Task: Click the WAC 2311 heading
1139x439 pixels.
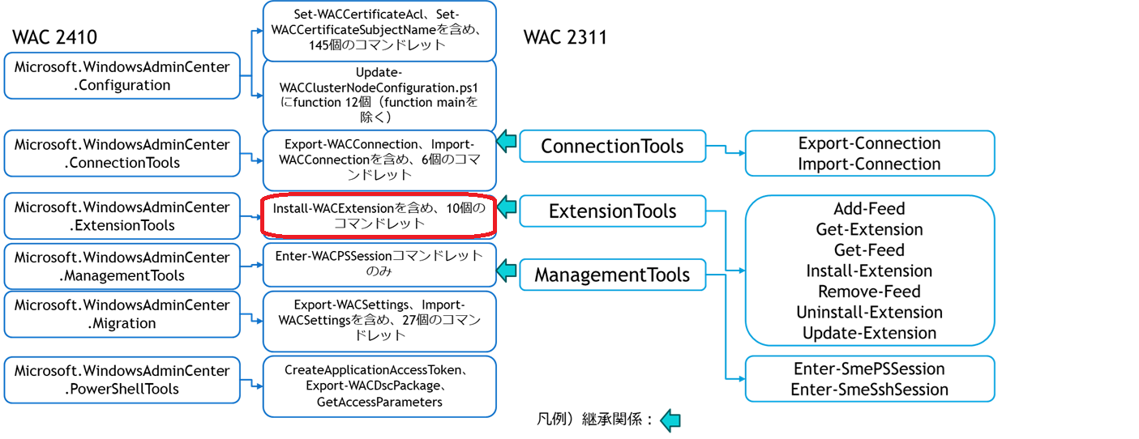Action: pos(565,37)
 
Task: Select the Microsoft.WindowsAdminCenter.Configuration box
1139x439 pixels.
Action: pos(122,76)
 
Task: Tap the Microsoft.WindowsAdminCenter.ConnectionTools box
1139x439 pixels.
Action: pos(122,154)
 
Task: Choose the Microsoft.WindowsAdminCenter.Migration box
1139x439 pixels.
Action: pos(122,314)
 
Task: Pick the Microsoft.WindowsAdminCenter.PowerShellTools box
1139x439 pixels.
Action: pos(122,380)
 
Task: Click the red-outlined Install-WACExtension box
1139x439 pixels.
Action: pos(379,216)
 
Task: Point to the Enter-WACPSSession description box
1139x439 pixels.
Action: pos(379,264)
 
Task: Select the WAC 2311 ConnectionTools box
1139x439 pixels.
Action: pos(612,147)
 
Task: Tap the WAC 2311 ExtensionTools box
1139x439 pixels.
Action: pos(612,211)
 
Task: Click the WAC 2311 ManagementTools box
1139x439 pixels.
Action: pos(612,275)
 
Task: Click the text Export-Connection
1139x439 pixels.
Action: pos(869,143)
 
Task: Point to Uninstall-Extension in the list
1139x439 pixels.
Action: pos(869,313)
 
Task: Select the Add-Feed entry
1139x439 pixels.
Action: pos(869,209)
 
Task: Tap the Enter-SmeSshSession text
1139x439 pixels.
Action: pos(869,390)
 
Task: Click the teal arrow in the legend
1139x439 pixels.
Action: pos(670,420)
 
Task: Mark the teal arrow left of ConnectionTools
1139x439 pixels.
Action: pos(507,142)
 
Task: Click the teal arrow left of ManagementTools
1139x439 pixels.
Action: pos(507,269)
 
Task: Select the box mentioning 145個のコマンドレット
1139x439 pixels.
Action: pos(379,31)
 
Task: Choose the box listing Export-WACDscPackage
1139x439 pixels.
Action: pos(379,386)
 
